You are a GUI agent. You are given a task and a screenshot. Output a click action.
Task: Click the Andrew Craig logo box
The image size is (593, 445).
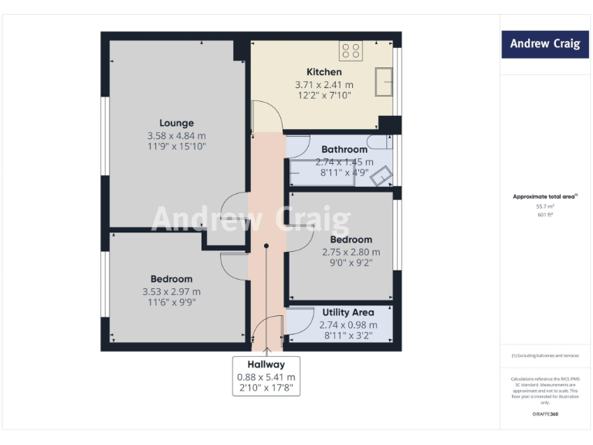pos(545,44)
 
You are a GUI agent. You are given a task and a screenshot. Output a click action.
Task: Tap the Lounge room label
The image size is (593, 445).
pos(176,123)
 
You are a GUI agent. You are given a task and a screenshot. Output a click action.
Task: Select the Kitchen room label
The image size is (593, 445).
pos(324,72)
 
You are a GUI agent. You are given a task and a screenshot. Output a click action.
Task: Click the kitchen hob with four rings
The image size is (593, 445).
pos(351,50)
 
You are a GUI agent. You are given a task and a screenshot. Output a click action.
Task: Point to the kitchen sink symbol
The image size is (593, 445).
pos(383,80)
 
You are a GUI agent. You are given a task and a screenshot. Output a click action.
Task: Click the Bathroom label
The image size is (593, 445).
pos(344,149)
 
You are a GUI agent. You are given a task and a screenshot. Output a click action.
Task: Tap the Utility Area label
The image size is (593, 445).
pos(348,312)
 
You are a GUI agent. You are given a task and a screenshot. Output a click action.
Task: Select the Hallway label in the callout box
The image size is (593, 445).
pos(266,364)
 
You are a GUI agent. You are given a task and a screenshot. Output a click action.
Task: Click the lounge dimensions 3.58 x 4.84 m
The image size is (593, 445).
pos(176,135)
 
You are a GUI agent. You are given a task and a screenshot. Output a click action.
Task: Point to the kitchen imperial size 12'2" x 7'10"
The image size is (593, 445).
pos(324,96)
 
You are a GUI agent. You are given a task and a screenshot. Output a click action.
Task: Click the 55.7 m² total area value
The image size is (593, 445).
pos(545,206)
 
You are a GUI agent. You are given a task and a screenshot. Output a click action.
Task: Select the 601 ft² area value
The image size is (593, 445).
pos(545,215)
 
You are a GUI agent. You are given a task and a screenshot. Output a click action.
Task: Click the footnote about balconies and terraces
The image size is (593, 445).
pos(545,355)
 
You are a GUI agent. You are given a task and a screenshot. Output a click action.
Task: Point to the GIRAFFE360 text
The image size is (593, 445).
pos(545,415)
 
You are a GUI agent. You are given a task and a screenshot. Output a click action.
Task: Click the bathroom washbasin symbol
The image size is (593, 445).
pos(381,178)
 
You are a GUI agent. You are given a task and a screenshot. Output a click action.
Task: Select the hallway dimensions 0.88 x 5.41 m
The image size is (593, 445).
pos(266,376)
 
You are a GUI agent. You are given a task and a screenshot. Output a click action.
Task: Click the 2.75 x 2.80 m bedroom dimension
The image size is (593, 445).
pos(351,252)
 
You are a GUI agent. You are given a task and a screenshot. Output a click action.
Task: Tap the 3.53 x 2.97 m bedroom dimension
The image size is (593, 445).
pos(171,291)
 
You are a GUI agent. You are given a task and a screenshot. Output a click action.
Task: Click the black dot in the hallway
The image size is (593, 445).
pos(266,246)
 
